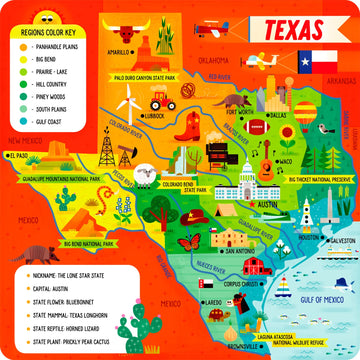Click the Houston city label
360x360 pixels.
[x=309, y=238]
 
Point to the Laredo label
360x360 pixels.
[x=213, y=300]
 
